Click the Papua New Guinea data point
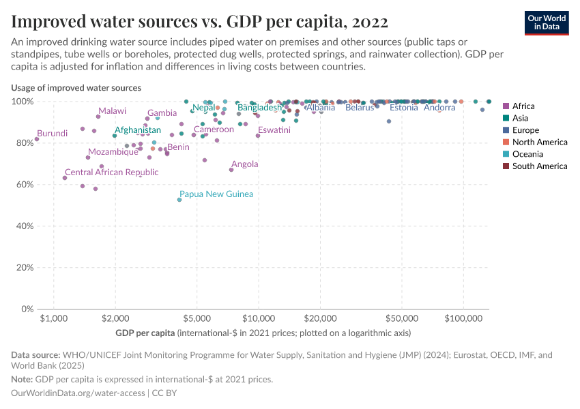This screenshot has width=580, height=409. click(179, 200)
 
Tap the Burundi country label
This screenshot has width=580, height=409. click(53, 134)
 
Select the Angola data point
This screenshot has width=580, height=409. click(231, 170)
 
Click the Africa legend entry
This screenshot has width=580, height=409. click(523, 106)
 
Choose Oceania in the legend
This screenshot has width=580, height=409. click(527, 154)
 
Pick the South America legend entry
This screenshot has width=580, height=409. click(539, 166)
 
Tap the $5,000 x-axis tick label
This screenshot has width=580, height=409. click(197, 319)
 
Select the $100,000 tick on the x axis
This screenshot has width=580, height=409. click(463, 319)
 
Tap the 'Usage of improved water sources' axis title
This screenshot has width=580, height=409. click(76, 88)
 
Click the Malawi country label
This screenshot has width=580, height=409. click(112, 111)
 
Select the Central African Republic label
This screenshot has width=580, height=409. click(111, 172)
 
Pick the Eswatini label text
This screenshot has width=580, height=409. click(274, 130)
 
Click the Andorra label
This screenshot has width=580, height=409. click(439, 108)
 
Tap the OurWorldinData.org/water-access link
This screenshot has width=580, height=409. click(78, 393)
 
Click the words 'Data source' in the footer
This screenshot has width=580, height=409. click(35, 355)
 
